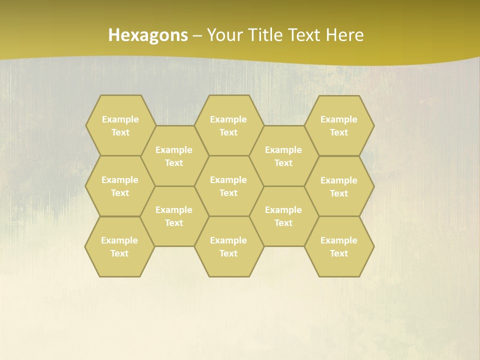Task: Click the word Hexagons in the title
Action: (x=148, y=35)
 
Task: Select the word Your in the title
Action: (x=224, y=35)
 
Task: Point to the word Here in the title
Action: (x=344, y=35)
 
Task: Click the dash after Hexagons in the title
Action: (x=197, y=35)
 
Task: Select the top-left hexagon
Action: (x=120, y=125)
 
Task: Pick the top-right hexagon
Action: (x=339, y=125)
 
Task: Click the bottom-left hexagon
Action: (x=119, y=246)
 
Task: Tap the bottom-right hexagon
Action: (x=339, y=246)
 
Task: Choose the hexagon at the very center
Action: (x=228, y=186)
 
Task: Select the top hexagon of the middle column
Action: (x=228, y=125)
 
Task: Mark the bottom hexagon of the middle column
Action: (x=228, y=246)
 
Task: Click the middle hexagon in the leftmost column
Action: (x=120, y=186)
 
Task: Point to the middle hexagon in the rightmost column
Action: (x=339, y=186)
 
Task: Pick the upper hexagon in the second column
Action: (x=174, y=156)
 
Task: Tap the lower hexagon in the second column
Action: (x=174, y=216)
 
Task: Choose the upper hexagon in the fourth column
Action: (x=283, y=156)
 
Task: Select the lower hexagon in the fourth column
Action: (x=283, y=216)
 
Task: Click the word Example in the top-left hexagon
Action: (x=120, y=119)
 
